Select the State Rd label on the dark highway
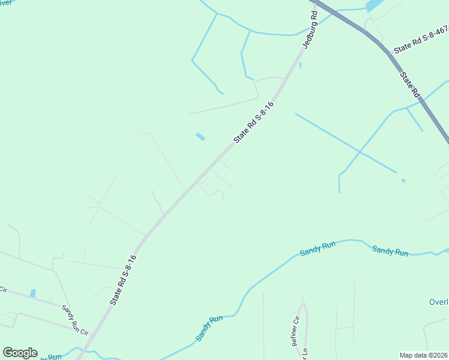pos(409,84)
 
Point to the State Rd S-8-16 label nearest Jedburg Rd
pos(254,122)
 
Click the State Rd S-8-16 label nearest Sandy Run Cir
pos(124,280)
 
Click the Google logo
pos(20,353)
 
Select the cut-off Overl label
pos(439,302)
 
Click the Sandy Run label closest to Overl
pos(390,250)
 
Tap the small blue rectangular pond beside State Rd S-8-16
pos(200,137)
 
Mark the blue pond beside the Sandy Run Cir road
pos(32,293)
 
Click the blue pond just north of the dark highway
pos(373,5)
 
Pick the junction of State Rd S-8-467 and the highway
pos(389,53)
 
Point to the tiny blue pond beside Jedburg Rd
pos(300,65)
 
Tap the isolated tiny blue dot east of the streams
pos(403,180)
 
